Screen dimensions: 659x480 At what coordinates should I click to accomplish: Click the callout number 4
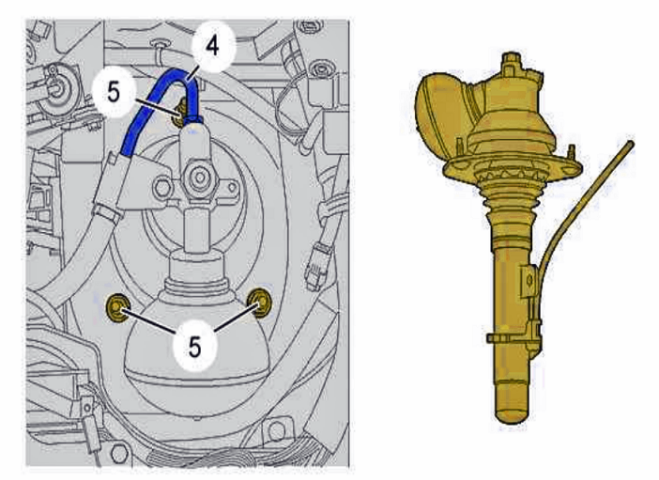(x=212, y=46)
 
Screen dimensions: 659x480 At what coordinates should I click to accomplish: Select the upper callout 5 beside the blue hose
(x=114, y=92)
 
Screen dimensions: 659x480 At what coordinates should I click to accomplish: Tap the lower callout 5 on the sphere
(x=194, y=347)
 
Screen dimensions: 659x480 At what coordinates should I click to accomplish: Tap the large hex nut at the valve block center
(x=195, y=177)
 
